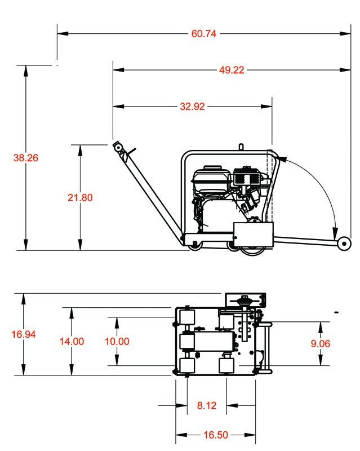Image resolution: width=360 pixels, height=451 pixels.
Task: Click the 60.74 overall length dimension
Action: [x=203, y=33]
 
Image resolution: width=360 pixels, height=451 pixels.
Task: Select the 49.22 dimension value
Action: [x=232, y=70]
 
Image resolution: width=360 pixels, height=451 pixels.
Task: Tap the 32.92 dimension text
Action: [x=192, y=106]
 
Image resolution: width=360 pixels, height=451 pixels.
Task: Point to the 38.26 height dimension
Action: [x=25, y=158]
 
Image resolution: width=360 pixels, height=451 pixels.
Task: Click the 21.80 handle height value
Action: [x=80, y=197]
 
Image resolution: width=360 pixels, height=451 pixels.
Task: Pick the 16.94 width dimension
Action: [x=23, y=334]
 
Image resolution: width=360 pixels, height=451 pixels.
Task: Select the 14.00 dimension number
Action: [x=72, y=341]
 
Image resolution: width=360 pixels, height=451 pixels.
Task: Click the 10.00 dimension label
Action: [x=117, y=341]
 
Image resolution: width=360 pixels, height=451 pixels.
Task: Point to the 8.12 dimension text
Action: [x=207, y=405]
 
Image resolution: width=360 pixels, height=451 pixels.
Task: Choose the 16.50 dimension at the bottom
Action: [x=215, y=435]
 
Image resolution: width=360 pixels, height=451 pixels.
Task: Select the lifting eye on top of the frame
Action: [x=241, y=147]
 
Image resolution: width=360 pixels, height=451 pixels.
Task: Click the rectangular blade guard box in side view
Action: [x=253, y=233]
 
